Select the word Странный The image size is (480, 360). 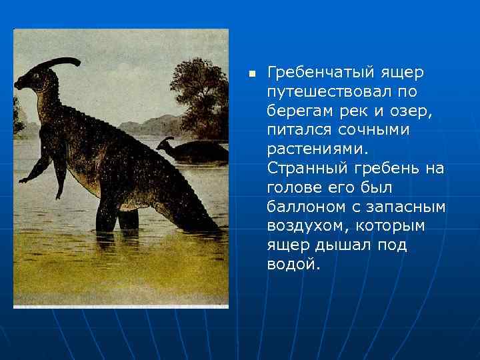click(x=304, y=168)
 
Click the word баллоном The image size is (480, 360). click(x=302, y=207)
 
